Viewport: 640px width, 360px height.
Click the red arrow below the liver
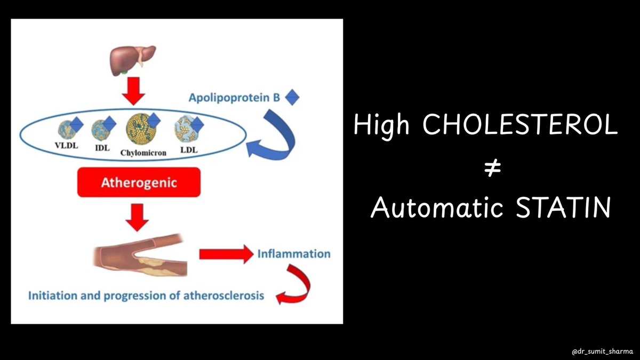click(x=133, y=93)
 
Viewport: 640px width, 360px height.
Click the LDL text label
click(x=189, y=150)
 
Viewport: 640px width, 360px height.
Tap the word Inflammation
click(x=293, y=254)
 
